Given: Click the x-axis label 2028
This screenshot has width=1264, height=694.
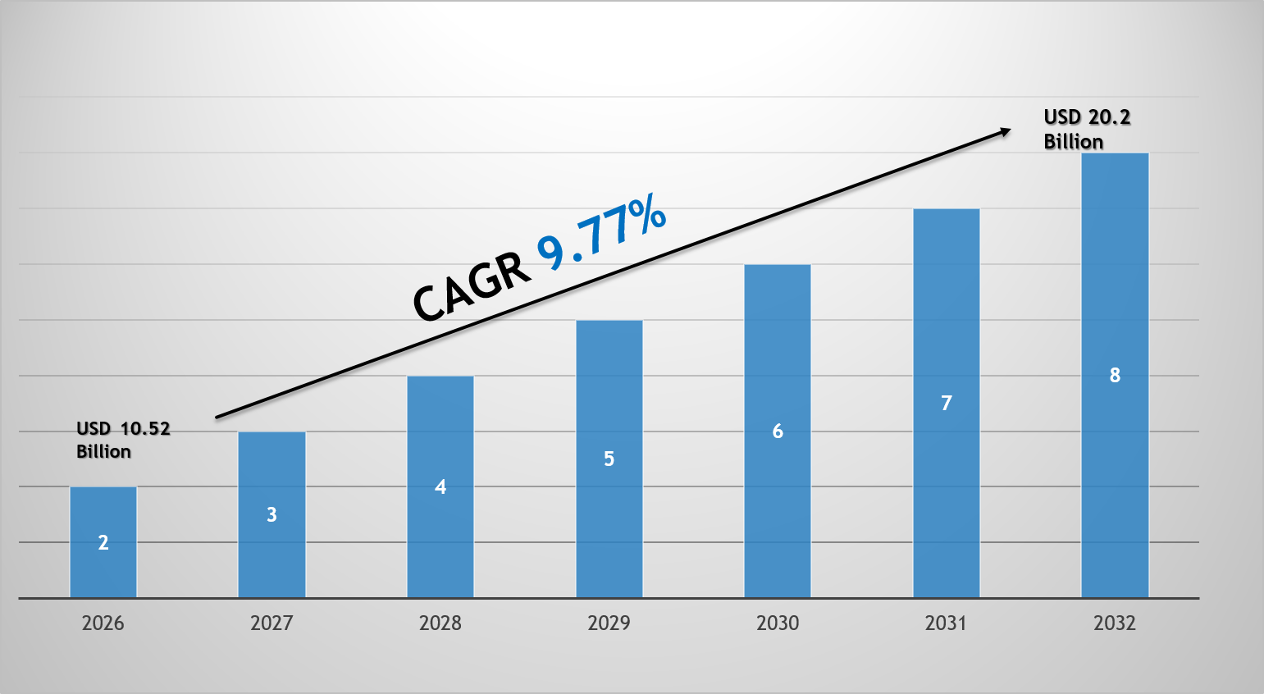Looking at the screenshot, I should point(440,623).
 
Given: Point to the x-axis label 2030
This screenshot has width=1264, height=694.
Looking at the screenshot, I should point(777,623).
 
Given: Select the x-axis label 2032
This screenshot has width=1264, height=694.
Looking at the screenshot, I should point(1114,623).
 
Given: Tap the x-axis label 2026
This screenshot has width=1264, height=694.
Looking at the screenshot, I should point(103,623).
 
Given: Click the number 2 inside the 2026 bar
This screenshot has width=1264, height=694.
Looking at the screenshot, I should point(103,542).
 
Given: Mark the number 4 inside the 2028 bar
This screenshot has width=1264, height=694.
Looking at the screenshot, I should point(440,487).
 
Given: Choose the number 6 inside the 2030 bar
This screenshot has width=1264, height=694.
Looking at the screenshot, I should point(778,431).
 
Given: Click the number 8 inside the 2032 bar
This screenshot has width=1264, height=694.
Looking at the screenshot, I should point(1115,375).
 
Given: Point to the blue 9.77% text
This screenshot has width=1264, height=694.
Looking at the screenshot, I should point(601,234).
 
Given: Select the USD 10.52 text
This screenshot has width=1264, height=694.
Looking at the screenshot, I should point(123,428).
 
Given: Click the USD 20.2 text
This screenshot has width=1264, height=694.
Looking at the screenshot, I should point(1087,117).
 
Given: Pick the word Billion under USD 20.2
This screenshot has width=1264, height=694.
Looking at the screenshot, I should point(1073,142).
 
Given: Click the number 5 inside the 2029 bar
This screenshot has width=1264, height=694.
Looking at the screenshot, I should point(609,459).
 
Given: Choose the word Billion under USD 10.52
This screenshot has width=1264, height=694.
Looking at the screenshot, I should point(103,451).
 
